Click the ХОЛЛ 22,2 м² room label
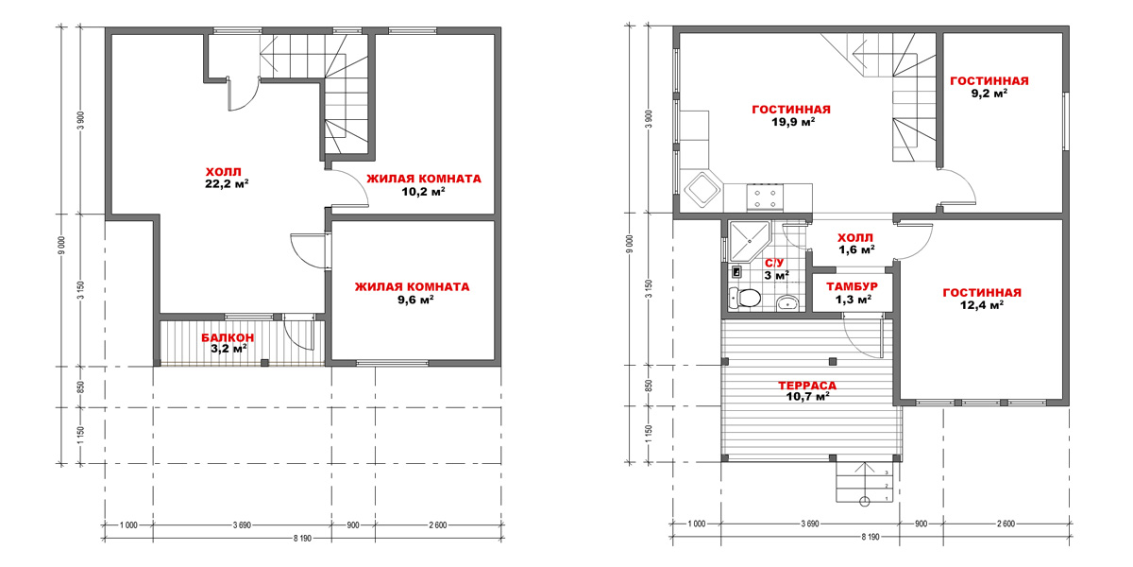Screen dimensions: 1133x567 227,178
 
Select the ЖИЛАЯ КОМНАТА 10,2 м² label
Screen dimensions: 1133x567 424,185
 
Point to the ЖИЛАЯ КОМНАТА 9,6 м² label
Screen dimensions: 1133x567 413,293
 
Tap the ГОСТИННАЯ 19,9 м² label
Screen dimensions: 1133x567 791,115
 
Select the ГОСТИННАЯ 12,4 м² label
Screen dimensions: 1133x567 982,299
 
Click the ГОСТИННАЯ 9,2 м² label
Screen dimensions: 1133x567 989,87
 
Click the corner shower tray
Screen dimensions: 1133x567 749,241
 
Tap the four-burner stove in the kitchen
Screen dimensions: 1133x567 765,198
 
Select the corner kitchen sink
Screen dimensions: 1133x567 702,190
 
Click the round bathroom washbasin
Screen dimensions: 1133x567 787,303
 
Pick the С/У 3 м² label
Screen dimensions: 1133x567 776,269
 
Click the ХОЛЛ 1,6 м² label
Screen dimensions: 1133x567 855,244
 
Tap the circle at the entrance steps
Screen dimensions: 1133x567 865,502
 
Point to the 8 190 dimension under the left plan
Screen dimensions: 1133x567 302,538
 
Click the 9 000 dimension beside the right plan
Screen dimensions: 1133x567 629,245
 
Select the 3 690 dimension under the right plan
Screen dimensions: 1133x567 810,524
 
